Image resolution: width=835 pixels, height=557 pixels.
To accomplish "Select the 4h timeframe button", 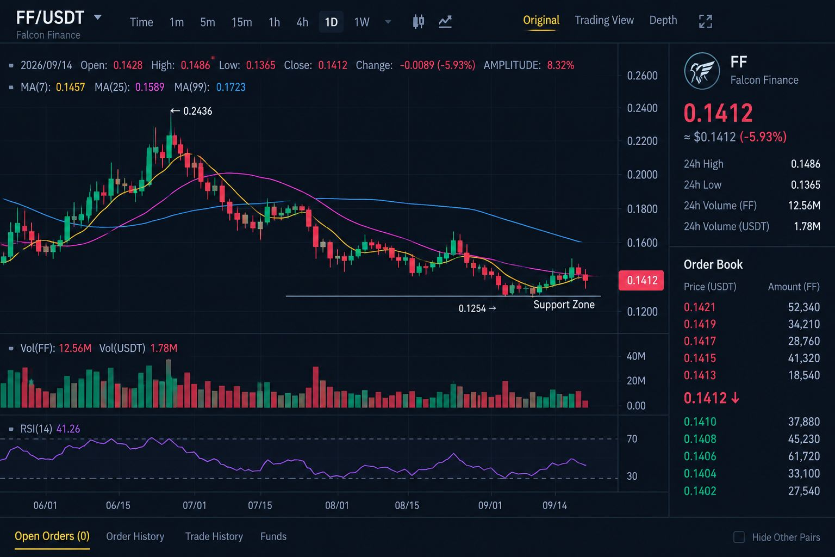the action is click(x=302, y=22).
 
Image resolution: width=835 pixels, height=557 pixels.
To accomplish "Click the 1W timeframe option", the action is click(x=362, y=22).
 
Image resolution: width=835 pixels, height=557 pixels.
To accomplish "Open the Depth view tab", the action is click(x=663, y=20).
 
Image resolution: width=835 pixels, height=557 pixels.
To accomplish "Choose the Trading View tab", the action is click(x=604, y=20).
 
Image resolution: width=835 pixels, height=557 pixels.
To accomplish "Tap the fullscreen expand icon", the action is click(x=705, y=22).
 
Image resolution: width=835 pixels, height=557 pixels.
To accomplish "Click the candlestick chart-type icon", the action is click(x=419, y=22).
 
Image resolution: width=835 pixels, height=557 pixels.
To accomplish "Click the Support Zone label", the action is click(x=564, y=305).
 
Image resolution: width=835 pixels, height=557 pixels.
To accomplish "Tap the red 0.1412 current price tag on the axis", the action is click(x=641, y=280).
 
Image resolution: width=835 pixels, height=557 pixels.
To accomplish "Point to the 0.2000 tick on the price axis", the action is click(x=642, y=175).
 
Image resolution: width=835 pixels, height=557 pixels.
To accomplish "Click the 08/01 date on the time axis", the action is click(x=337, y=505).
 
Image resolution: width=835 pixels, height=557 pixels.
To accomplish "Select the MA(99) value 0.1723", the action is click(x=230, y=87).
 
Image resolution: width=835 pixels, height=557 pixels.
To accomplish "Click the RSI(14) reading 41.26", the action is click(x=68, y=429).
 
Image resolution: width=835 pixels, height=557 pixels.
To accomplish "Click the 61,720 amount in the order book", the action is click(x=803, y=456).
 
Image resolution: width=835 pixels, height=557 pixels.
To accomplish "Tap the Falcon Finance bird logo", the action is click(x=702, y=71).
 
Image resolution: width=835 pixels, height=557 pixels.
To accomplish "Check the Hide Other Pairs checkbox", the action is click(x=739, y=537).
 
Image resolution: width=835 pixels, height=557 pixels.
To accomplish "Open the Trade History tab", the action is click(x=214, y=536).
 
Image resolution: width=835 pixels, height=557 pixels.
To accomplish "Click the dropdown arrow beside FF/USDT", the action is click(x=98, y=17).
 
